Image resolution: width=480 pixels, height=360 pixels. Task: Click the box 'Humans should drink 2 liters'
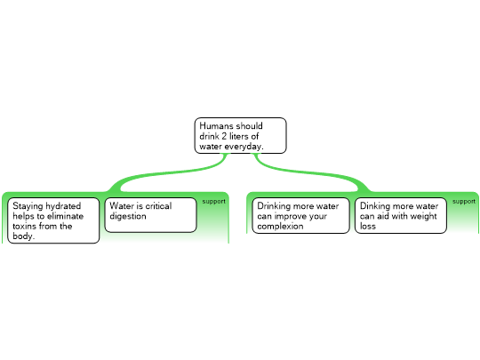[241, 136]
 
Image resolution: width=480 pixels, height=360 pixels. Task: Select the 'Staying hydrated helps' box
[53, 220]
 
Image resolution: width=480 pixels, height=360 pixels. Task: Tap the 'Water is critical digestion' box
[150, 215]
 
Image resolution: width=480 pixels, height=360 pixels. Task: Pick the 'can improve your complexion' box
[301, 215]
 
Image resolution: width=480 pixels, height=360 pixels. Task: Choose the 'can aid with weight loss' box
[401, 215]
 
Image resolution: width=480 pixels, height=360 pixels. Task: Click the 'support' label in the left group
[213, 202]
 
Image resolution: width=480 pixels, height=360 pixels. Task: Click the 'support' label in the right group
[464, 202]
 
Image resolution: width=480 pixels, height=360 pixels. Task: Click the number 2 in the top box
[224, 136]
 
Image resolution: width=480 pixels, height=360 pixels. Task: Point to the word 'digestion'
[128, 216]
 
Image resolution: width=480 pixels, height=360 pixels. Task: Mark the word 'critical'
[158, 205]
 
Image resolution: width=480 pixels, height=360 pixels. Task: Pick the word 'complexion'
[280, 227]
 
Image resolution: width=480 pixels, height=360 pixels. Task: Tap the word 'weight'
[424, 216]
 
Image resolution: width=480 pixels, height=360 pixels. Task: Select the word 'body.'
[24, 236]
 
